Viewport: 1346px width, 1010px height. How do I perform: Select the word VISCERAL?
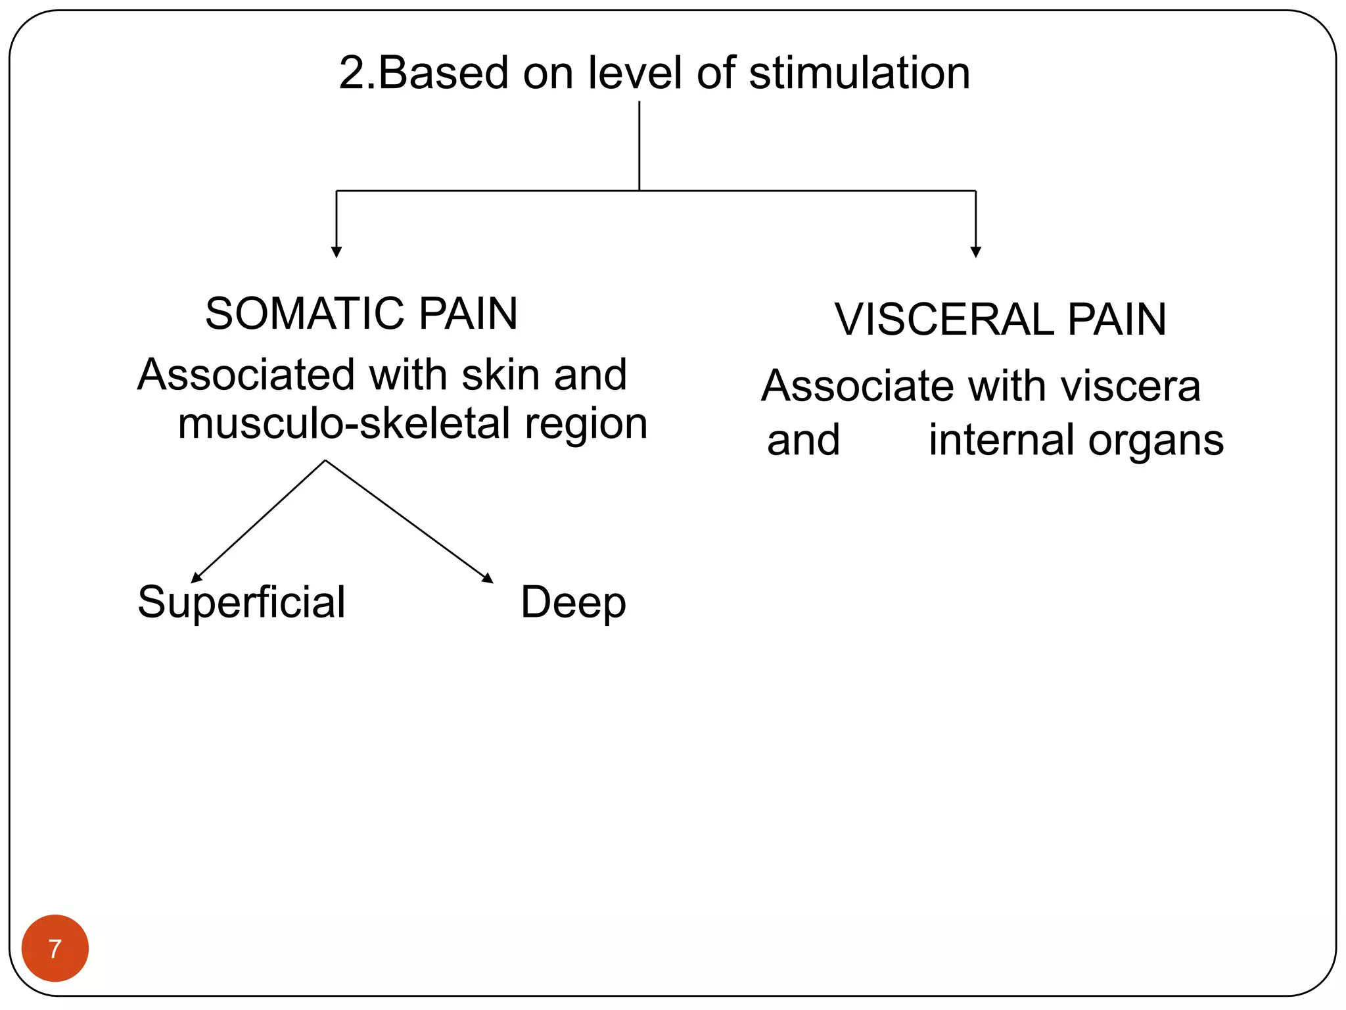[943, 320]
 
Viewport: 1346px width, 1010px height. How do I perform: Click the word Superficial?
[241, 602]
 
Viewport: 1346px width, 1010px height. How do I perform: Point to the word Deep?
[573, 602]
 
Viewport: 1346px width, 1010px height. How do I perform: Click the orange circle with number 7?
[55, 948]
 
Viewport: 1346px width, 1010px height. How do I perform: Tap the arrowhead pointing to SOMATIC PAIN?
[336, 252]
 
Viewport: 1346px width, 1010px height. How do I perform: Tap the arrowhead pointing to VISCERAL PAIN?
[976, 252]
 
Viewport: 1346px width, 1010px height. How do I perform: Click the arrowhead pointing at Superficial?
[196, 578]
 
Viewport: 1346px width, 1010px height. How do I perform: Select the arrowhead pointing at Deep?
[488, 579]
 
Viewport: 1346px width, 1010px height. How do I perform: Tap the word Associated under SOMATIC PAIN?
[246, 375]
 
